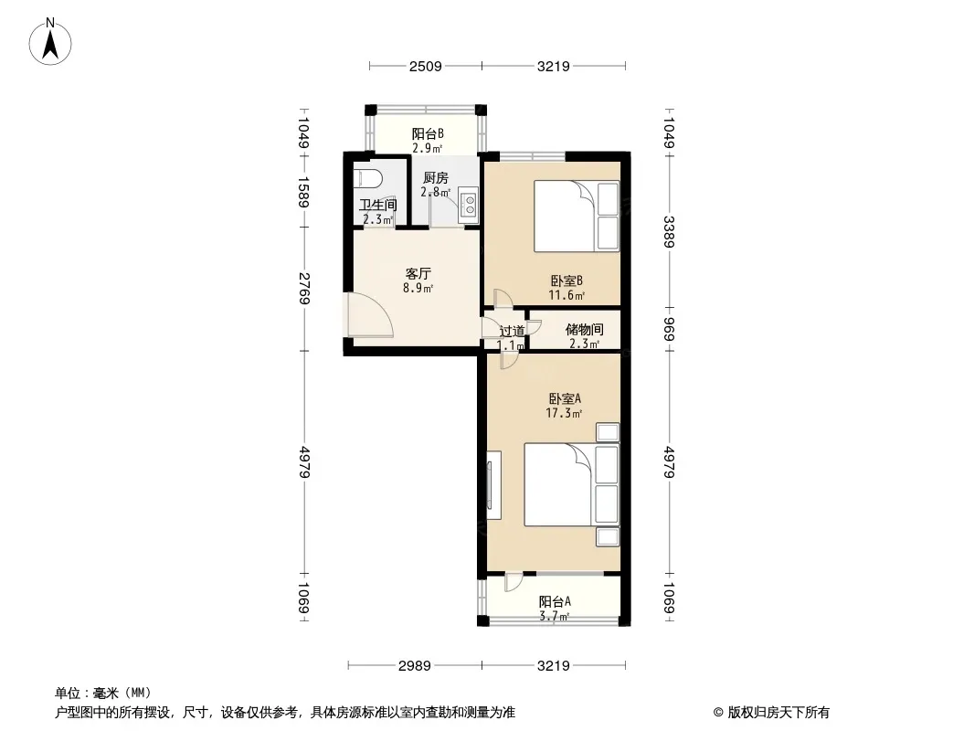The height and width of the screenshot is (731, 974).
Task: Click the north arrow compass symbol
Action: click(50, 41)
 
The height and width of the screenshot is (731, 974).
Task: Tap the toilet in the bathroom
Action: click(366, 178)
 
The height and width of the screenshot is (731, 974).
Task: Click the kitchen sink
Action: click(468, 205)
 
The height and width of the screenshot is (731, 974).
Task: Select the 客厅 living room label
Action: click(418, 274)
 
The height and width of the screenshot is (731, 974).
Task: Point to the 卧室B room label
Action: click(566, 281)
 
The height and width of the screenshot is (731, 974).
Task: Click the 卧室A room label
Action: click(564, 398)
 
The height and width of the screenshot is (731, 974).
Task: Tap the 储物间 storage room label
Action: click(584, 329)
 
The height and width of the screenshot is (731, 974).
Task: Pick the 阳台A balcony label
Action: click(554, 601)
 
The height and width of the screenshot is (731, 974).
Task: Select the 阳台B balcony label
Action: click(428, 133)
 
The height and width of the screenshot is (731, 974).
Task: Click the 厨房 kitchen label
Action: click(436, 177)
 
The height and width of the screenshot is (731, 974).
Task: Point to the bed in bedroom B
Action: click(577, 217)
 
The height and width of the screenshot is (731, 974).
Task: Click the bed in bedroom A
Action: click(571, 484)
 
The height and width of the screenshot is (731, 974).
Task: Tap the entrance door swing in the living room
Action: click(370, 314)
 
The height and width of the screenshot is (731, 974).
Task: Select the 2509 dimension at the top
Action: click(426, 66)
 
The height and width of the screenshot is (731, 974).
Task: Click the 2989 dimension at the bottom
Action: click(414, 666)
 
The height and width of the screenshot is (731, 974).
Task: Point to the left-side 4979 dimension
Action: click(304, 461)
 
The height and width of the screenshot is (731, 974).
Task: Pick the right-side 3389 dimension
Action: click(669, 232)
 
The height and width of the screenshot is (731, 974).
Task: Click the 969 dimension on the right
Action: click(669, 329)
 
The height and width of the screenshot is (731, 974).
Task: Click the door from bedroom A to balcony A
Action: click(513, 582)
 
